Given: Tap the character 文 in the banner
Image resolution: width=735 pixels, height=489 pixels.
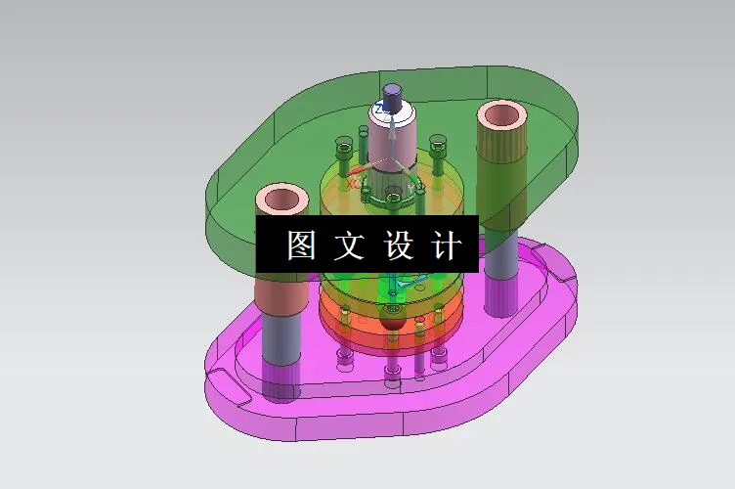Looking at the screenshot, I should pyautogui.click(x=348, y=244).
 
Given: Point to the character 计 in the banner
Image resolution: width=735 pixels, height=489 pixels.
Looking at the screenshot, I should pyautogui.click(x=445, y=244).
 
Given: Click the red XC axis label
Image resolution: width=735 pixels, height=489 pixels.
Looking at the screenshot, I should pyautogui.click(x=353, y=182).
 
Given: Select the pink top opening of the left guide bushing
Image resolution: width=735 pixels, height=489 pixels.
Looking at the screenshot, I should pyautogui.click(x=281, y=200).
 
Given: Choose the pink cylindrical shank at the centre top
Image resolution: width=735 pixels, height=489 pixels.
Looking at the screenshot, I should pyautogui.click(x=391, y=137).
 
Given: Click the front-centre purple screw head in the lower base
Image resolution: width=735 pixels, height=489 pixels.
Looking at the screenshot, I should pyautogui.click(x=392, y=371).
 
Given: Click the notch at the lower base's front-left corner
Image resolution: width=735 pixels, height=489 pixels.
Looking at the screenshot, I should pyautogui.click(x=222, y=377).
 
